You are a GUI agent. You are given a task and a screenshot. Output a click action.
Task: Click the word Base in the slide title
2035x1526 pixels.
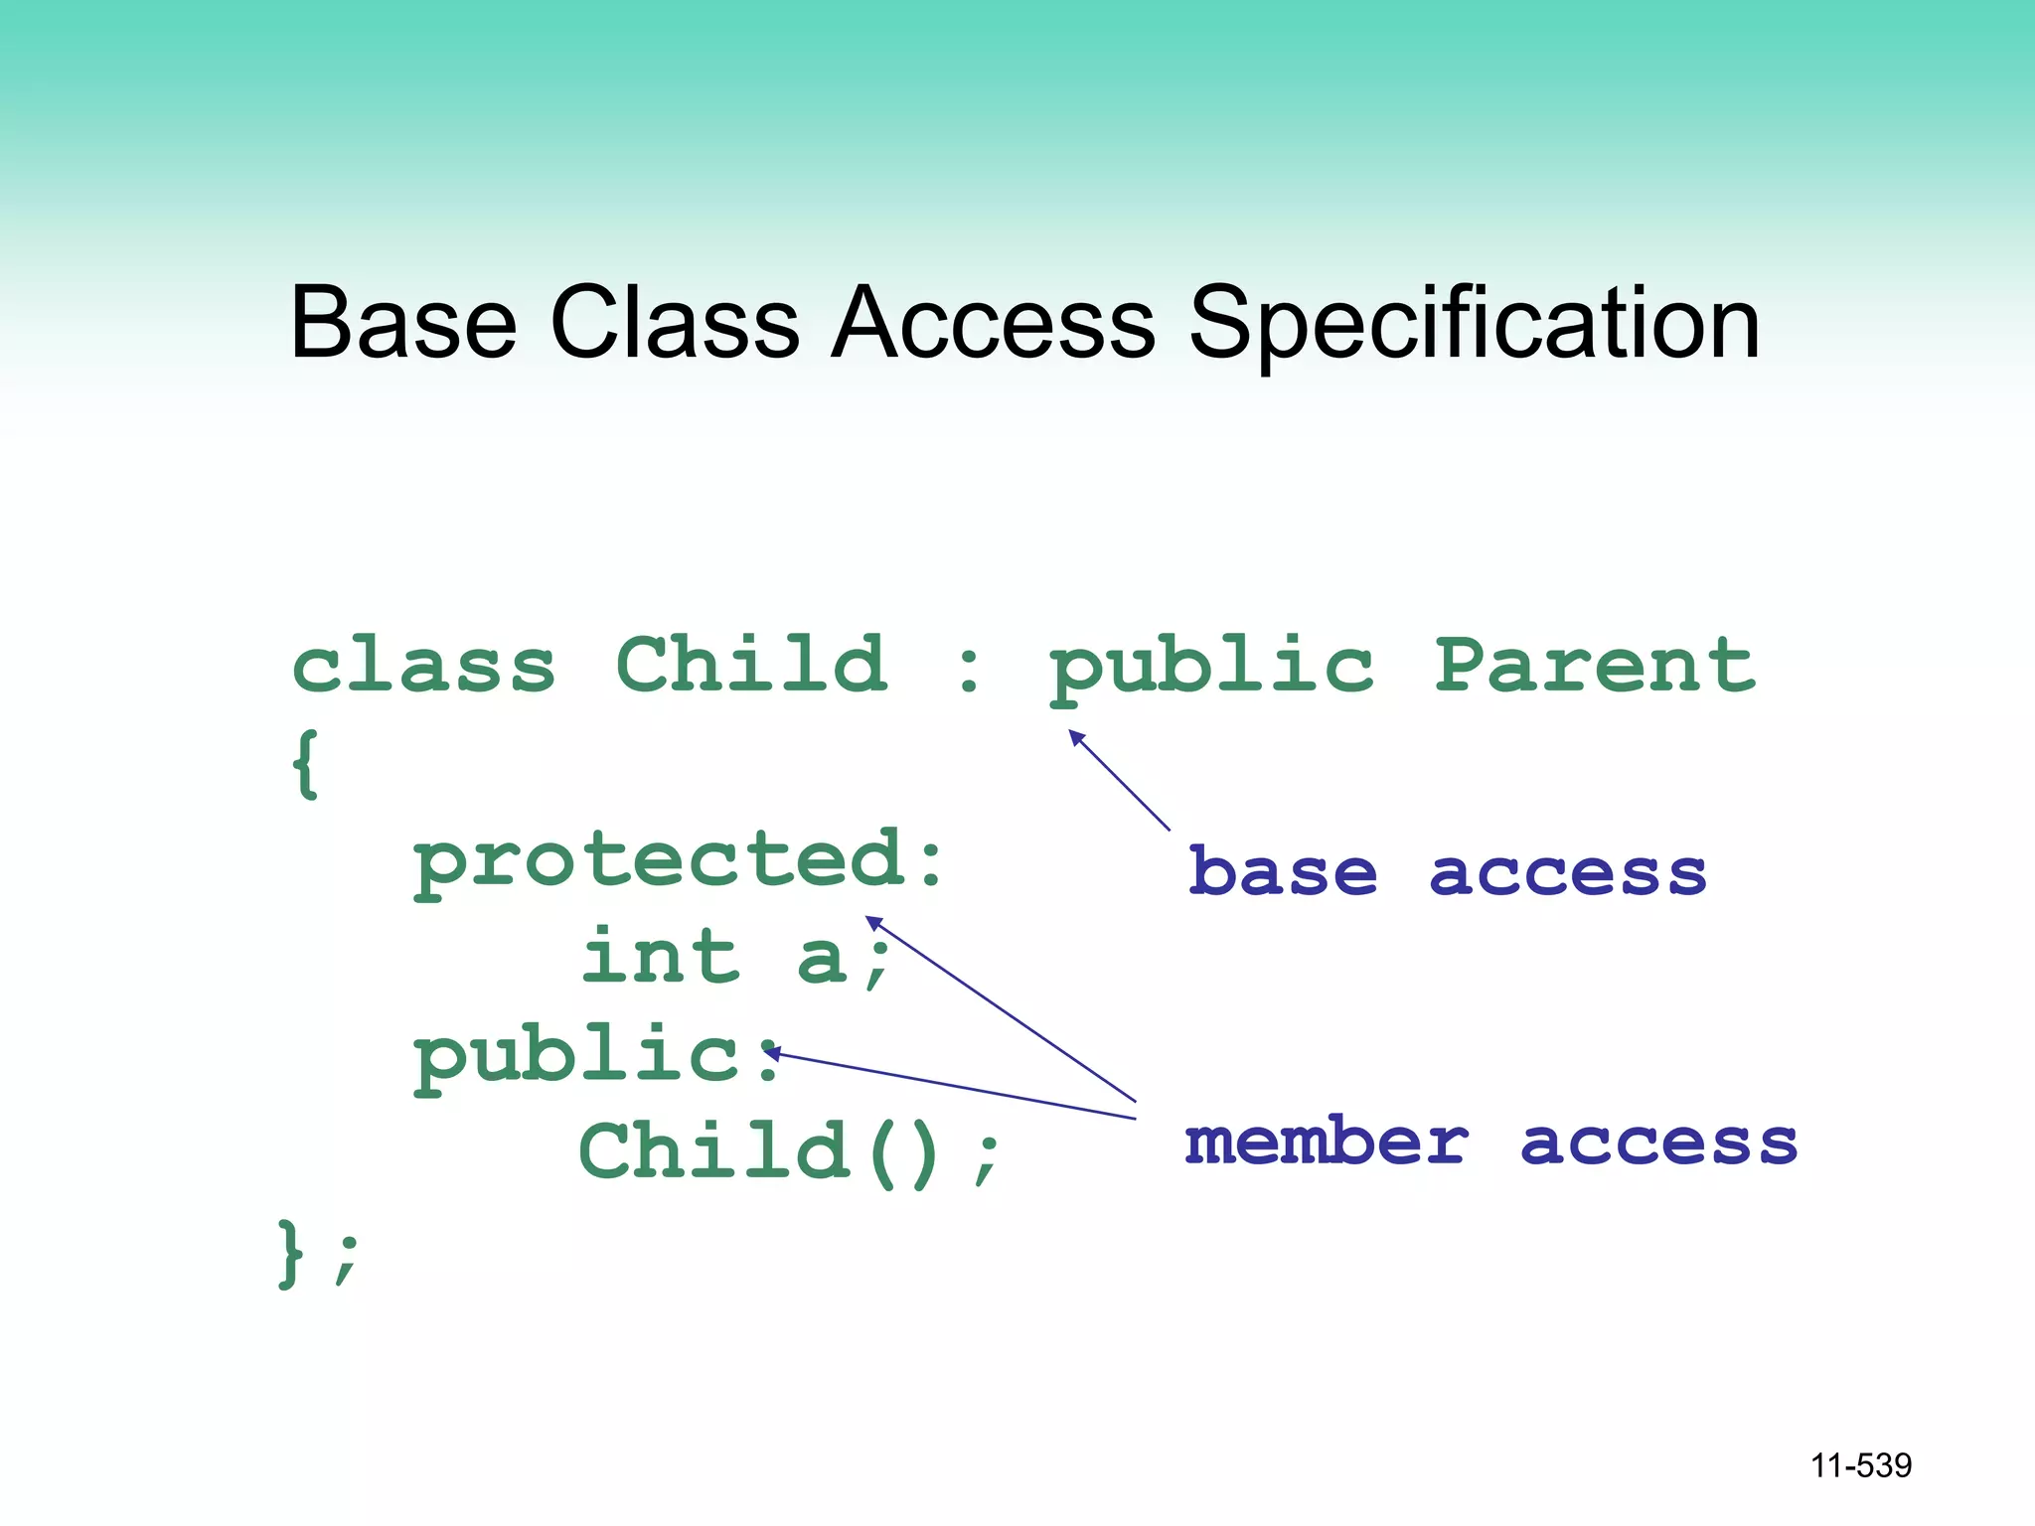click(x=402, y=322)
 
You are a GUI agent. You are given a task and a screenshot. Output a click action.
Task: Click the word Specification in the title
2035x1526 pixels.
click(x=1475, y=322)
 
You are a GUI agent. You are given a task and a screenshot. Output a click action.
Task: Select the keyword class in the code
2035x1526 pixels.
click(x=423, y=666)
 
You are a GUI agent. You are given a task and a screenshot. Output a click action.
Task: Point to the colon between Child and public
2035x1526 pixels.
click(x=969, y=669)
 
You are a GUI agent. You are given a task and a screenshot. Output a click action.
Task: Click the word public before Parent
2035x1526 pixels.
click(x=1212, y=668)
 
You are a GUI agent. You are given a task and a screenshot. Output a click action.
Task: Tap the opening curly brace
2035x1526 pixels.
click(x=306, y=763)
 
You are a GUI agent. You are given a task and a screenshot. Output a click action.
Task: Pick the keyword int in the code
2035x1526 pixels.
click(x=662, y=956)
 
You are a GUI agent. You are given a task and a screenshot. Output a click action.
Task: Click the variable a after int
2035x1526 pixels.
click(x=821, y=960)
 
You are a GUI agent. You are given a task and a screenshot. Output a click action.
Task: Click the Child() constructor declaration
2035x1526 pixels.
click(x=790, y=1152)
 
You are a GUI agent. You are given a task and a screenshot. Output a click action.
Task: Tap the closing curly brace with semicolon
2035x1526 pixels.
click(x=316, y=1254)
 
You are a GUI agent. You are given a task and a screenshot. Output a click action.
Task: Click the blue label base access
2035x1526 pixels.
click(x=1447, y=872)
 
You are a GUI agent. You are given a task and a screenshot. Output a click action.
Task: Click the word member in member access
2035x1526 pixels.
click(x=1327, y=1142)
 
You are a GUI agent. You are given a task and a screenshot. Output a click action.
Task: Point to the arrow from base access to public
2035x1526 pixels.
click(x=1120, y=781)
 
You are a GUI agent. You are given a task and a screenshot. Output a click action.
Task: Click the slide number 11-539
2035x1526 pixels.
click(x=1860, y=1465)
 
